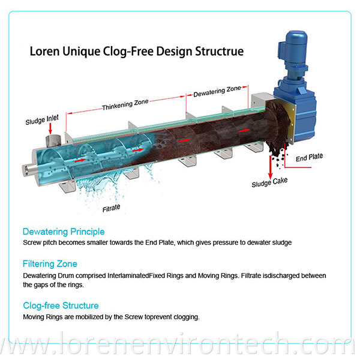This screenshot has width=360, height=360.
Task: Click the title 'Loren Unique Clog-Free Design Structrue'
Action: pos(137,50)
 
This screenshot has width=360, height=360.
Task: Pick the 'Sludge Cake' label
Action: pos(268,184)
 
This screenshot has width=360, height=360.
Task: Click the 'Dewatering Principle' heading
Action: pos(63,231)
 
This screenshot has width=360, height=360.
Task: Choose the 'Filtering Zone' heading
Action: pos(50,263)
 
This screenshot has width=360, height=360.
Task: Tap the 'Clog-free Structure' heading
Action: pos(61,306)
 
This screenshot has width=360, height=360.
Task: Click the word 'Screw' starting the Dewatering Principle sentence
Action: pos(32,242)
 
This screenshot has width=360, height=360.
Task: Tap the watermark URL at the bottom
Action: pos(180,346)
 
